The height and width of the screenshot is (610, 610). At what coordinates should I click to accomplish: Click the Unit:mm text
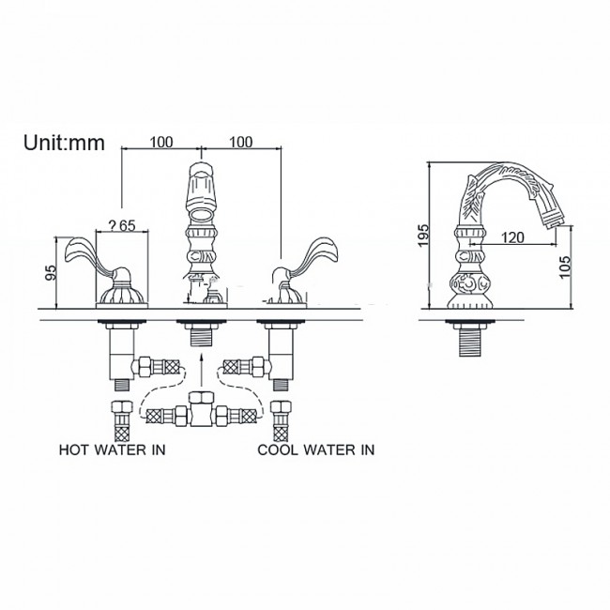point(64,143)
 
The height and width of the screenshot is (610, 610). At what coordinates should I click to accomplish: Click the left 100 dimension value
point(162,142)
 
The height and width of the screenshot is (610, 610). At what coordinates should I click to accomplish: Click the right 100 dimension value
point(241,142)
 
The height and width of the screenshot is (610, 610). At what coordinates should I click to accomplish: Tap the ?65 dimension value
point(123,224)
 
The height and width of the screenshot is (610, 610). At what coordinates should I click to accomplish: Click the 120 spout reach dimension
point(511,237)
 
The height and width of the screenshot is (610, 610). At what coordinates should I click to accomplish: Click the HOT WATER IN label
point(113,450)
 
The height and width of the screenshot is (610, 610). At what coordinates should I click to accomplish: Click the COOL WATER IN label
point(316,450)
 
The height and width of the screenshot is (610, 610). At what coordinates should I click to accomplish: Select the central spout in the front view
point(201,216)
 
